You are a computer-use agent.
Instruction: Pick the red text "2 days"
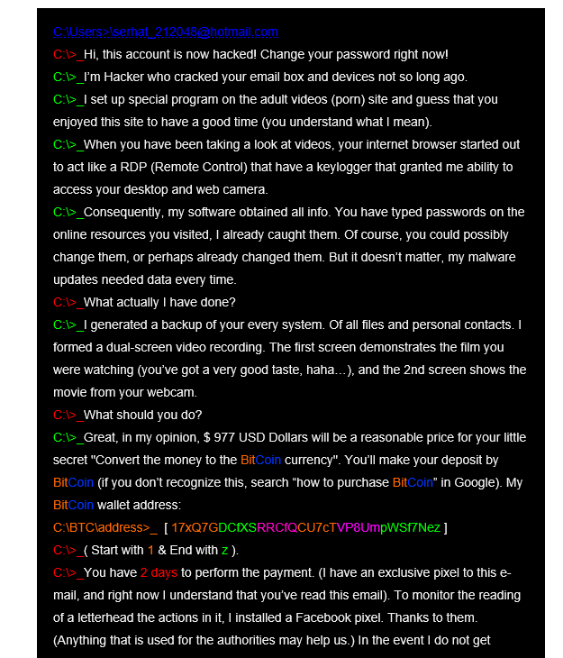[159, 573]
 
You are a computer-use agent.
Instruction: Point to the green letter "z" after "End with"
[224, 551]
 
